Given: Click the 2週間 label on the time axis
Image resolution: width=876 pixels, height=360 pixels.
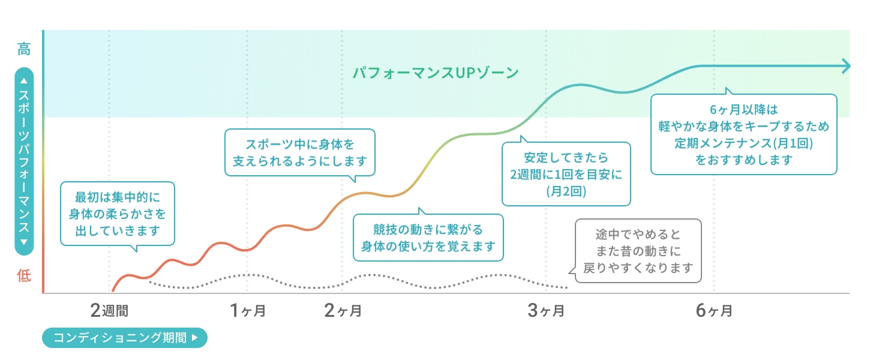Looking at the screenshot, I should (x=109, y=310).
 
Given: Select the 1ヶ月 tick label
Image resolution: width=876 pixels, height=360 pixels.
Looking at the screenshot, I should (x=247, y=310).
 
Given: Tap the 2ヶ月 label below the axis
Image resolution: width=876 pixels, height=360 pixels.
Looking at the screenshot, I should (x=343, y=310).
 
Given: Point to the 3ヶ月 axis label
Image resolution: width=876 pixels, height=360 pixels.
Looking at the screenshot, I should (x=546, y=310).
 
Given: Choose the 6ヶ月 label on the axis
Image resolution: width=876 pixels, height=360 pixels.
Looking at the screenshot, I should (x=714, y=310).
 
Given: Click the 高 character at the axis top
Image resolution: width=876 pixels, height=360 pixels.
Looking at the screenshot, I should (x=24, y=49).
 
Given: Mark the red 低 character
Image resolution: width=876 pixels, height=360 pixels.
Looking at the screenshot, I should (x=24, y=275).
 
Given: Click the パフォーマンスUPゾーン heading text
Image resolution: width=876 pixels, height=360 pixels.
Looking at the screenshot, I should (x=435, y=73).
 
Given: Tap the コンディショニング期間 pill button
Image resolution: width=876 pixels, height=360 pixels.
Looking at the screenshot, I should (x=124, y=337).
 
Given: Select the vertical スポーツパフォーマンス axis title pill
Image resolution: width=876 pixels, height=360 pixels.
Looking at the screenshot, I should (x=24, y=162).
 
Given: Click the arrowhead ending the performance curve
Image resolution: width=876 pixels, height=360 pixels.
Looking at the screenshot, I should (x=846, y=66).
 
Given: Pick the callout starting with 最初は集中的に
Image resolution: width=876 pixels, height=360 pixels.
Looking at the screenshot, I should (x=118, y=214).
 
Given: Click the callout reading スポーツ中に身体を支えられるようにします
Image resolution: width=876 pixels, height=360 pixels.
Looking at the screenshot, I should (x=300, y=152).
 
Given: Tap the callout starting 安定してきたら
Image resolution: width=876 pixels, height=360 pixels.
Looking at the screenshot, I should (x=566, y=175).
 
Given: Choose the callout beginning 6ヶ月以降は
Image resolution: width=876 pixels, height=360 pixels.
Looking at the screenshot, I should (x=743, y=134).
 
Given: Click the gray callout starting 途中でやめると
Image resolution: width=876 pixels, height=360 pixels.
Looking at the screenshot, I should (x=638, y=251).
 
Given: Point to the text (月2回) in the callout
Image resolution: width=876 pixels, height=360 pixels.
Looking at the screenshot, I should (x=566, y=192).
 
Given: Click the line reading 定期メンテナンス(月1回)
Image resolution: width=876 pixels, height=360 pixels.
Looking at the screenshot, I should (x=743, y=143).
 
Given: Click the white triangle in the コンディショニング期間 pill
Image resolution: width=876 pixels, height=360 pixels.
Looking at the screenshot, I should (x=194, y=337).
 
